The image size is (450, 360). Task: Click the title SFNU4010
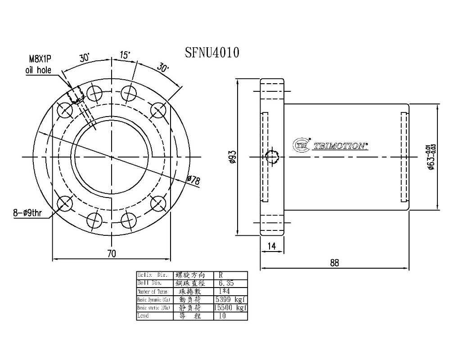pyautogui.click(x=212, y=53)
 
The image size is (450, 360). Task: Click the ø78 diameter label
pyautogui.click(x=193, y=180)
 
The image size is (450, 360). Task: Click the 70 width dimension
pyautogui.click(x=112, y=254)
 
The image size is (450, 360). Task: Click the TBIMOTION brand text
pyautogui.click(x=341, y=145)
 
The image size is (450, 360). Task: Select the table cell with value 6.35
pyautogui.click(x=226, y=283)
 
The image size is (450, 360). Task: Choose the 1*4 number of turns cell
pyautogui.click(x=225, y=291)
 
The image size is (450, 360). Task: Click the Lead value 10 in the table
pyautogui.click(x=222, y=316)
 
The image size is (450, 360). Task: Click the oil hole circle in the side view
pyautogui.click(x=272, y=157)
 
